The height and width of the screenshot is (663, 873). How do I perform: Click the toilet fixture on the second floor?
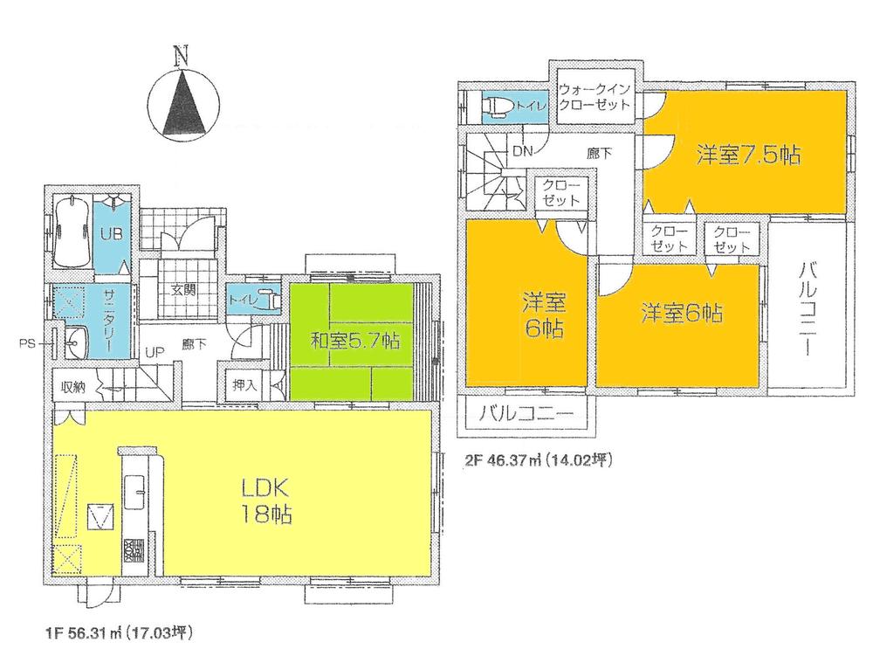pyautogui.click(x=497, y=107)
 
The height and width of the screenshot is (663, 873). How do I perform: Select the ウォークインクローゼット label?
pyautogui.click(x=597, y=96)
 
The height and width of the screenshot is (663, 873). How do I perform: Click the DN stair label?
pyautogui.click(x=522, y=152)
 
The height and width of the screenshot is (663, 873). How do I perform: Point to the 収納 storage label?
pyautogui.click(x=72, y=385)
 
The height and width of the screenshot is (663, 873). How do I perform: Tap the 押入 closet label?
pyautogui.click(x=245, y=383)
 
